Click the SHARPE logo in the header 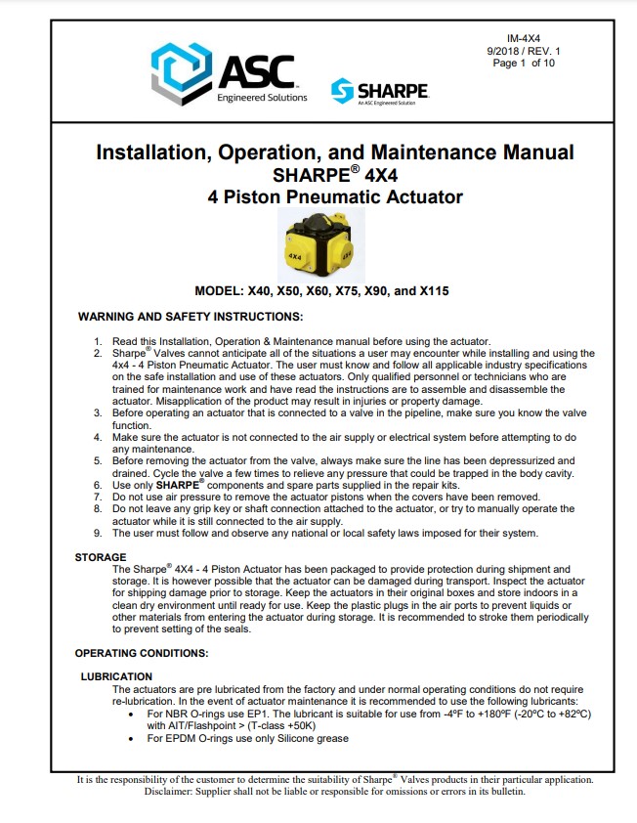[x=381, y=91]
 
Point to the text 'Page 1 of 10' [x=524, y=63]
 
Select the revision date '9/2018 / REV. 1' [x=525, y=50]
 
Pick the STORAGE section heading [x=101, y=557]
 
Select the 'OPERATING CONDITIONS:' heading [x=142, y=652]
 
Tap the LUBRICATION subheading [x=116, y=676]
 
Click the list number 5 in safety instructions [x=98, y=459]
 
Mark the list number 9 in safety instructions [x=98, y=533]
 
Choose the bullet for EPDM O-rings [x=133, y=738]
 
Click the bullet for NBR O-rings [x=133, y=714]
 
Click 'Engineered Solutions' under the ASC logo [x=262, y=98]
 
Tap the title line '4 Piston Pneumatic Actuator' [x=335, y=196]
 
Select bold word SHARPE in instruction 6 [x=176, y=484]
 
